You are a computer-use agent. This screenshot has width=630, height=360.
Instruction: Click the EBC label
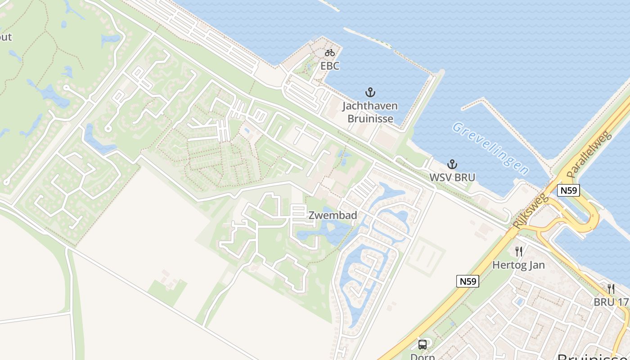point(330,66)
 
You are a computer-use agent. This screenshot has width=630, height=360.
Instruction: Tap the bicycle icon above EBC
point(330,53)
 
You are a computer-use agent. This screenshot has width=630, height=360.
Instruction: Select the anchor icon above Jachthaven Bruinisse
point(370,93)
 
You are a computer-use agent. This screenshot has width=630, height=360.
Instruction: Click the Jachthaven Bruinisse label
point(370,112)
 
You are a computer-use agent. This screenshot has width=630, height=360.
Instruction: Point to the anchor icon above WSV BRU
point(452,164)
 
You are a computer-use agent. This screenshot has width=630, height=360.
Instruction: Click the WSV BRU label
point(452,177)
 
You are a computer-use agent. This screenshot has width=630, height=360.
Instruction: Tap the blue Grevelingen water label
point(491,148)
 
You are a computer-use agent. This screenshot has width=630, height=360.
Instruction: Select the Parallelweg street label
point(590,153)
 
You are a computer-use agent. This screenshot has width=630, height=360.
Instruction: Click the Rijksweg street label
point(531,211)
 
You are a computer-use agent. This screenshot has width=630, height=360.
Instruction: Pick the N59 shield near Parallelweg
point(568,190)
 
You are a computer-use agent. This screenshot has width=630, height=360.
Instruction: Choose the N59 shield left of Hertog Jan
point(468,282)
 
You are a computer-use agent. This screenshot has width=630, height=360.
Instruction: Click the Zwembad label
point(333,215)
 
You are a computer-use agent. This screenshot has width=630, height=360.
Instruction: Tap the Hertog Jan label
point(518,265)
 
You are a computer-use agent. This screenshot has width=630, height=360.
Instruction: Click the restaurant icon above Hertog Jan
point(519,251)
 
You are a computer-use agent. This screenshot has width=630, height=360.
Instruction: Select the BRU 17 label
point(611,302)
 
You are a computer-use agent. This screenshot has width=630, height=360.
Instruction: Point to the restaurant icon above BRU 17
point(611,288)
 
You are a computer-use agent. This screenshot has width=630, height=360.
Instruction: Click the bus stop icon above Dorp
point(423,345)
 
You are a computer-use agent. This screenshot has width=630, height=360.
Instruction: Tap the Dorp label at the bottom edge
point(423,357)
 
